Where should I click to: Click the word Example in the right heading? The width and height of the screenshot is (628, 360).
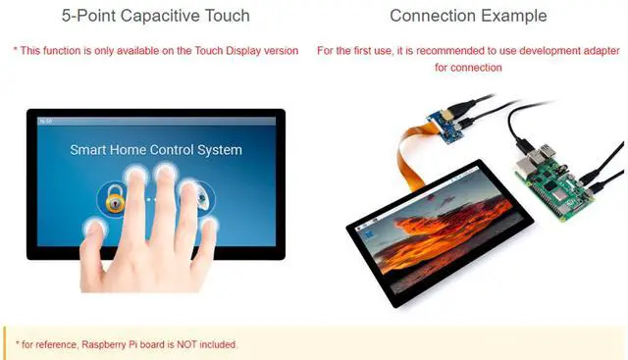click(513, 16)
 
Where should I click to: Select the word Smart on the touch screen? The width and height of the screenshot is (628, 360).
click(89, 150)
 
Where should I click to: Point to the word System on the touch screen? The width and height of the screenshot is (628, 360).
click(213, 150)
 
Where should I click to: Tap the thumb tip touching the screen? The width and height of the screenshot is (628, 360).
click(95, 226)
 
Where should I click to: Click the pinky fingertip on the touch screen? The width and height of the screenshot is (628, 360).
click(208, 226)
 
